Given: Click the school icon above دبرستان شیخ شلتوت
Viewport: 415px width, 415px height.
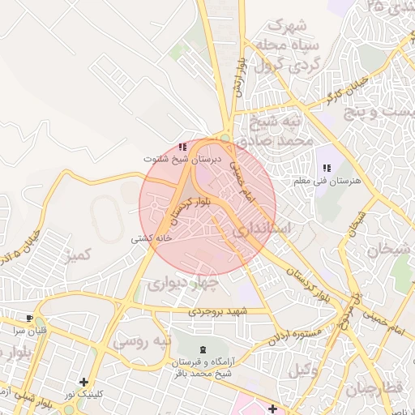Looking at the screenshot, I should click(x=182, y=147).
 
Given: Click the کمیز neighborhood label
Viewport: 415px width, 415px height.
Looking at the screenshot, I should click(x=80, y=257).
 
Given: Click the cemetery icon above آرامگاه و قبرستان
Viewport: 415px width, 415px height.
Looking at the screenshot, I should click(x=202, y=349).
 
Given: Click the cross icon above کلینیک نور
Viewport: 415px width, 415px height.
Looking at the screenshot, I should click(x=83, y=382).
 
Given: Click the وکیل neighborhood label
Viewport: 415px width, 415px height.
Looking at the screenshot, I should click(x=302, y=371).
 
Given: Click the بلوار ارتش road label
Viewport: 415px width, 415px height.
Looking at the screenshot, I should click(x=238, y=78).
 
